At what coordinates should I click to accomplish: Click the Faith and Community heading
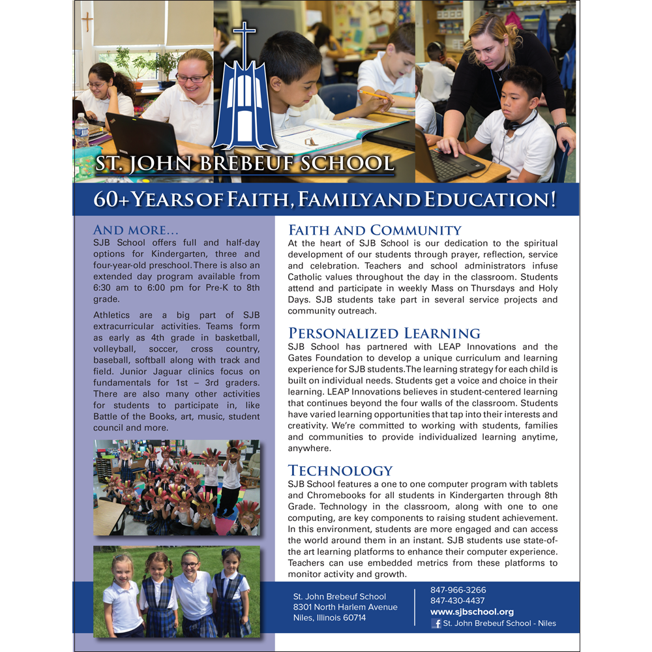click(x=374, y=230)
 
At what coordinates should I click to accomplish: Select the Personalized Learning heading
click(x=384, y=333)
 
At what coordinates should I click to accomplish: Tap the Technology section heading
click(x=340, y=470)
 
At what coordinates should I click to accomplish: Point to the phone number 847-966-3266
click(x=458, y=590)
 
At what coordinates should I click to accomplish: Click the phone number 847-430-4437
click(x=458, y=600)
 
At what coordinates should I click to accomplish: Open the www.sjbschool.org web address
click(x=472, y=612)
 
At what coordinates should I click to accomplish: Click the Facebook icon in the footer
click(x=436, y=623)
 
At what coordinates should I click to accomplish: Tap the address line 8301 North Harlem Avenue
click(x=345, y=607)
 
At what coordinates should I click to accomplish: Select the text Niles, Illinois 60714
click(x=329, y=617)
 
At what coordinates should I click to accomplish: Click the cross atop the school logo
click(x=244, y=35)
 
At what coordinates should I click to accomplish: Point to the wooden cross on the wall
click(x=87, y=22)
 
